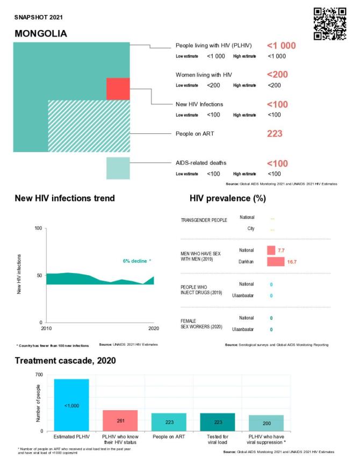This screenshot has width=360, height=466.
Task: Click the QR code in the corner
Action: pos(329,24)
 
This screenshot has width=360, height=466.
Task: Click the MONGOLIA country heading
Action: pos(41,33)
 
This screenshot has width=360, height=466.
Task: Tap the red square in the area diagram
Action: pos(118,89)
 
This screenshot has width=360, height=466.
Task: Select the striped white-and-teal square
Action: pos(89,126)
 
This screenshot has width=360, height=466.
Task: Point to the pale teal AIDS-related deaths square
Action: pos(118,168)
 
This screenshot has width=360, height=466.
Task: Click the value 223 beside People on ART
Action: pos(275,134)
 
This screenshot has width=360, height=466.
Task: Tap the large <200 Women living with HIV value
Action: pos(277,75)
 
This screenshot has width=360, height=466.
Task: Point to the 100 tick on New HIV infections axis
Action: pos(38,228)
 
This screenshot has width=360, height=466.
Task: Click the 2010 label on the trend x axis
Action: pos(47,328)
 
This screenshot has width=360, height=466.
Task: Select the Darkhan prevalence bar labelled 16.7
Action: pos(275,261)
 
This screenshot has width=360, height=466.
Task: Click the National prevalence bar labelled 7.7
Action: pos(271,250)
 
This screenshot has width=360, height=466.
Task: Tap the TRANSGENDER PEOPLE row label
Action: pos(204,220)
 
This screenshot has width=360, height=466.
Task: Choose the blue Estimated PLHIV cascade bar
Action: pos(71,405)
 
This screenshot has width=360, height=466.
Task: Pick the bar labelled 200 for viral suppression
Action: pos(266,423)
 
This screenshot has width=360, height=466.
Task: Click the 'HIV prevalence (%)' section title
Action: pos(228,198)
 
